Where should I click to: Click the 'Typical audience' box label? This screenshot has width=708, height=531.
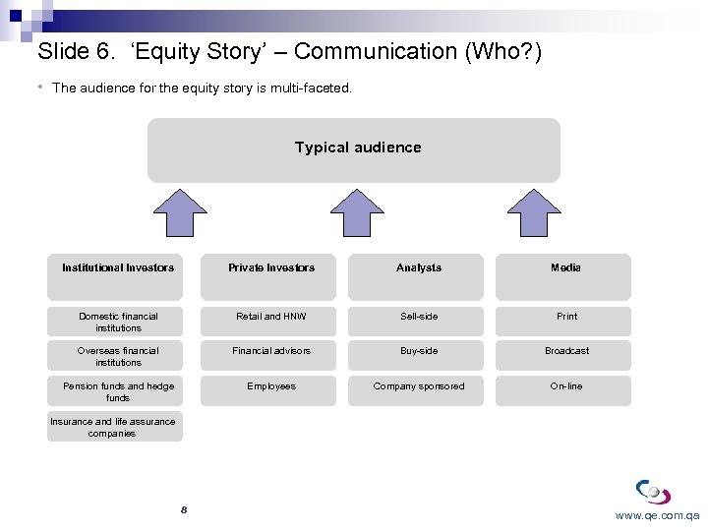(357, 147)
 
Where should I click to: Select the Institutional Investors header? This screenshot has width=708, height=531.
(118, 267)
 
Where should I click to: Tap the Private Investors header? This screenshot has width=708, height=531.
(271, 267)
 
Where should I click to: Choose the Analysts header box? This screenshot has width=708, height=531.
(419, 267)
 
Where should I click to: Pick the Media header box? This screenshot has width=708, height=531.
(565, 267)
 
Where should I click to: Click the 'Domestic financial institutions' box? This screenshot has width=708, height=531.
(118, 322)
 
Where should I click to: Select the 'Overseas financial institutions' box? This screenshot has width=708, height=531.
(118, 356)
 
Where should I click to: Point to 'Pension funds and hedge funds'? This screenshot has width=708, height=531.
(118, 391)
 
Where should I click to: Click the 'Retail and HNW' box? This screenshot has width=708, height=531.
(271, 317)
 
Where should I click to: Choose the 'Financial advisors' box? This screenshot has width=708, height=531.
(271, 351)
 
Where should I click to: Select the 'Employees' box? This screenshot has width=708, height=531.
(271, 386)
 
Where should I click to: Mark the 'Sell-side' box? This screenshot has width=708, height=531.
(419, 317)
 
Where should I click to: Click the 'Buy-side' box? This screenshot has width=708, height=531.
(419, 351)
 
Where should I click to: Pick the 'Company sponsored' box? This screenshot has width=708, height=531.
(419, 386)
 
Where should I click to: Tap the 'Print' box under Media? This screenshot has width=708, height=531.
(566, 317)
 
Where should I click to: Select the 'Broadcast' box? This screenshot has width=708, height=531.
(566, 351)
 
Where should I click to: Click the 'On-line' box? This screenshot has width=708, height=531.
(566, 386)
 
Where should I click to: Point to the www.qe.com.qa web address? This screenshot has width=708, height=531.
(657, 515)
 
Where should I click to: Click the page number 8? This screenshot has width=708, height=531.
(184, 509)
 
